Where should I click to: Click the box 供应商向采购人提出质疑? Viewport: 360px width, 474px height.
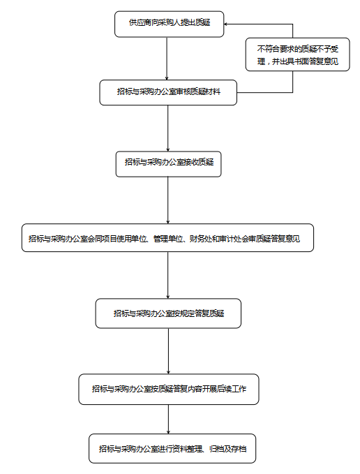pos(169,24)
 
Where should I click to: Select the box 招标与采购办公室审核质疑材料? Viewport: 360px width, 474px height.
pos(168,93)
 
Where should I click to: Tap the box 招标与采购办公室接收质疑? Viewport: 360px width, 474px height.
pos(169,164)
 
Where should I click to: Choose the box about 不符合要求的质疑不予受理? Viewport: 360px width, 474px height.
pos(297,54)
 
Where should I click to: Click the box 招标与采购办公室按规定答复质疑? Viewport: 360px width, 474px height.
pos(168,313)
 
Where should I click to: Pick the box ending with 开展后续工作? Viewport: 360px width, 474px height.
pos(169,389)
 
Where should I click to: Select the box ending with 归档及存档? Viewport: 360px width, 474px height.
pos(172,449)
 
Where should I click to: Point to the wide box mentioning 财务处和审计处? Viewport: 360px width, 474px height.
pos(167,238)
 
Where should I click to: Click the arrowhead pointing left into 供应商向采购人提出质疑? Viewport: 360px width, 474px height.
pos(226,24)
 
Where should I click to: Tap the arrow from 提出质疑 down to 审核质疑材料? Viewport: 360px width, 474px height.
pos(167,59)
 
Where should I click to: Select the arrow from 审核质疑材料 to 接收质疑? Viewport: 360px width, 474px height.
pos(168,128)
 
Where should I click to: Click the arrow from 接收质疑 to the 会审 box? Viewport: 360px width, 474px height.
pos(168,200)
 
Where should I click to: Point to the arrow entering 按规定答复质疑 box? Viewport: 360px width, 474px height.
pos(168,275)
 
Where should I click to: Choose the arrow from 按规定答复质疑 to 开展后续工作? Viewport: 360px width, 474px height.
pos(169,351)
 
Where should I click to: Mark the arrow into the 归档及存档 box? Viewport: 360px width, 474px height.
pos(169,420)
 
